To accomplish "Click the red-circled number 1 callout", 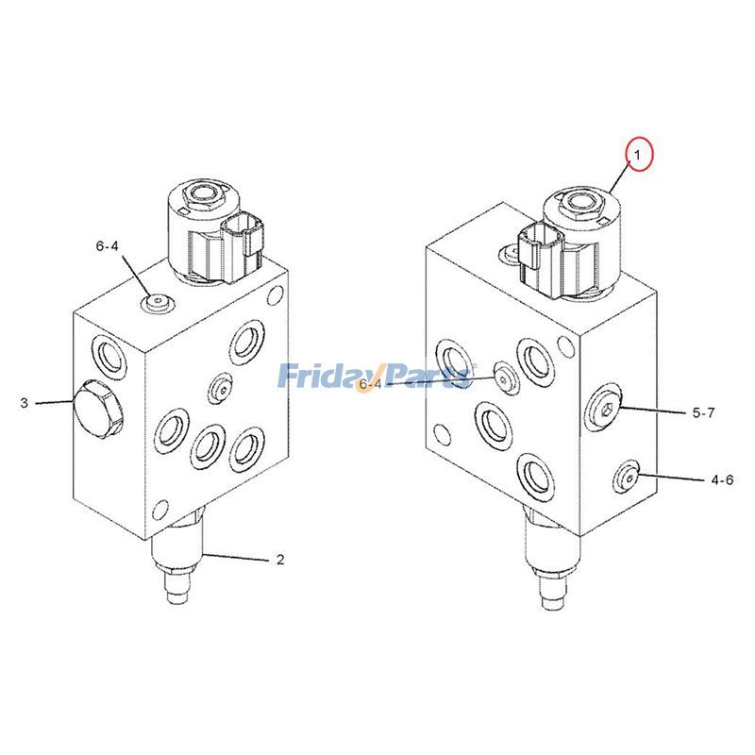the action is (x=638, y=154).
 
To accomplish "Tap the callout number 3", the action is (x=24, y=404).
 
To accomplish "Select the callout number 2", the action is (x=279, y=560).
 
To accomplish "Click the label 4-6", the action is (x=721, y=479).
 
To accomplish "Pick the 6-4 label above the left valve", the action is (x=108, y=246).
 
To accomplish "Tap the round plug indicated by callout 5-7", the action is (x=603, y=408).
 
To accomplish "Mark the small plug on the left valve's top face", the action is (x=157, y=303).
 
